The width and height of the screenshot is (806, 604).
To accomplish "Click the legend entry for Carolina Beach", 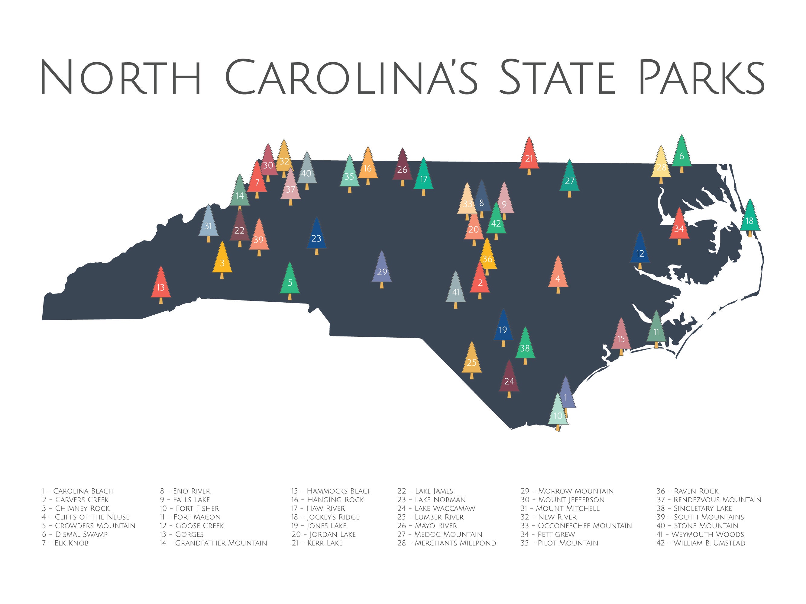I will pyautogui.click(x=78, y=491).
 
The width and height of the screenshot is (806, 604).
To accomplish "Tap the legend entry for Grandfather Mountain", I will pyautogui.click(x=213, y=543).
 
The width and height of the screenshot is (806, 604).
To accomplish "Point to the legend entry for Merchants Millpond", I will pyautogui.click(x=446, y=543).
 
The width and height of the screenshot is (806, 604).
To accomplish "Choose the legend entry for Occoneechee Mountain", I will pyautogui.click(x=576, y=526).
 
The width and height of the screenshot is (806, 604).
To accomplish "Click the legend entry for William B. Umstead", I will pyautogui.click(x=701, y=543).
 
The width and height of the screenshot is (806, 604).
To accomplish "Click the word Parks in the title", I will pyautogui.click(x=701, y=77).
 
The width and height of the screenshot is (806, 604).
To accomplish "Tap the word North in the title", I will pyautogui.click(x=120, y=77).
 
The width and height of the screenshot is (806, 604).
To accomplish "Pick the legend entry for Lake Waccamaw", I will pyautogui.click(x=436, y=508).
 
